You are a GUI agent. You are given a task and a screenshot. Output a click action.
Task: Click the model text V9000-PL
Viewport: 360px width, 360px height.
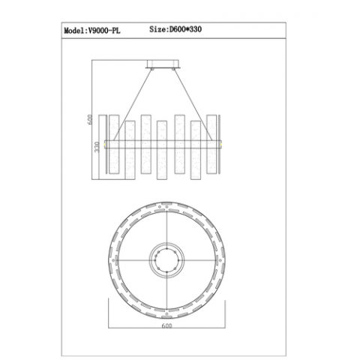click(103, 31)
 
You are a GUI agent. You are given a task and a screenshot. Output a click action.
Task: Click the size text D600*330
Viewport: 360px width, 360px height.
click(186, 29)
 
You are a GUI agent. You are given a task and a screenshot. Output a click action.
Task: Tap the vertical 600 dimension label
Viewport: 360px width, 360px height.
click(90, 119)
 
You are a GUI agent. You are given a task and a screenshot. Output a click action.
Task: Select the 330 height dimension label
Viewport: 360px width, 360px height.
click(97, 147)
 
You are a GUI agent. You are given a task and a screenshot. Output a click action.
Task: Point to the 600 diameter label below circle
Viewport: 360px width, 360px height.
click(167, 325)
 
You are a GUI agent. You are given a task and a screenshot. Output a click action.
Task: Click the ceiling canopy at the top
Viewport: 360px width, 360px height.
click(163, 64)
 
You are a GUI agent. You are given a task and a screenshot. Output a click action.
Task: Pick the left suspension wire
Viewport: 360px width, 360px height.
click(132, 105)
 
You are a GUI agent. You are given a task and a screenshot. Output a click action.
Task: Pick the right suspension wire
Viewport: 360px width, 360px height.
click(193, 105)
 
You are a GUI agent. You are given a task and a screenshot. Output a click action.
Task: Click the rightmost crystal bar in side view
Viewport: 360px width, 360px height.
click(211, 144)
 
